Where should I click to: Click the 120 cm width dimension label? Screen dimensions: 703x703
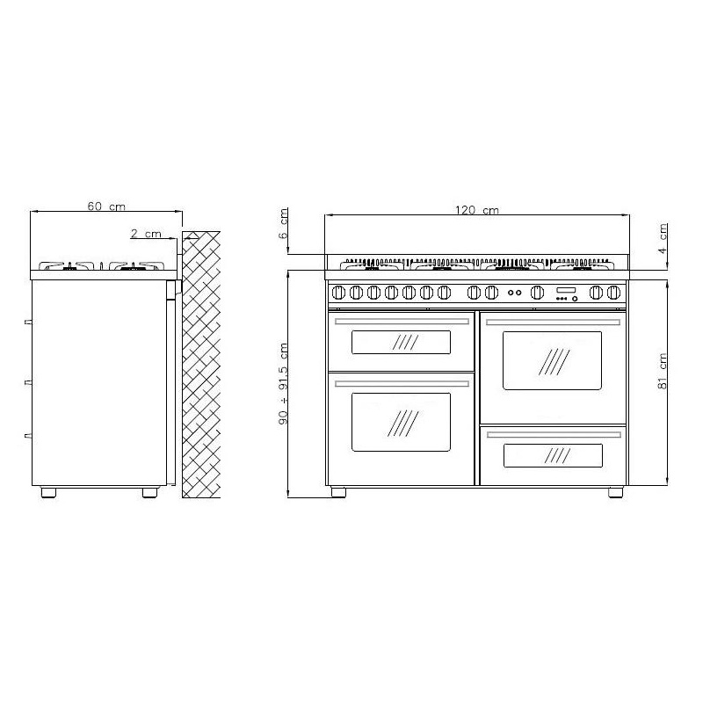[476, 210]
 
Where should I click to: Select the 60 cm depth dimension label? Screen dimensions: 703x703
[106, 207]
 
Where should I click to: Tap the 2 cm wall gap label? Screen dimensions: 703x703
[146, 234]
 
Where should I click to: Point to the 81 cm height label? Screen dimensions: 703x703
[663, 371]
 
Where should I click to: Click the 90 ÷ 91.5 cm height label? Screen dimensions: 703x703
[283, 384]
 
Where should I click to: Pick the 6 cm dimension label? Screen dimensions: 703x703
[283, 223]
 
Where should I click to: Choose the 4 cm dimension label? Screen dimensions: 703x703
[663, 238]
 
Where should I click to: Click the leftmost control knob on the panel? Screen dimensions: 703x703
[338, 293]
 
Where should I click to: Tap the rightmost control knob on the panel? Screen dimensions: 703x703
[613, 293]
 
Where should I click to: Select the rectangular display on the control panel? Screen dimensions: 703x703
[566, 290]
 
